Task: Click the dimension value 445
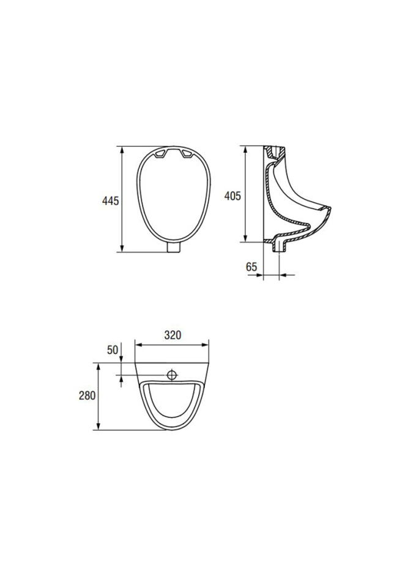(x=110, y=201)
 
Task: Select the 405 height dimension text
(x=233, y=196)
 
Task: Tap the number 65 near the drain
(x=251, y=267)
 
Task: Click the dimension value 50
(x=113, y=350)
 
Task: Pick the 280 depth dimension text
(x=87, y=396)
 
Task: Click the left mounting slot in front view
(x=161, y=153)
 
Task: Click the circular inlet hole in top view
(x=172, y=374)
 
